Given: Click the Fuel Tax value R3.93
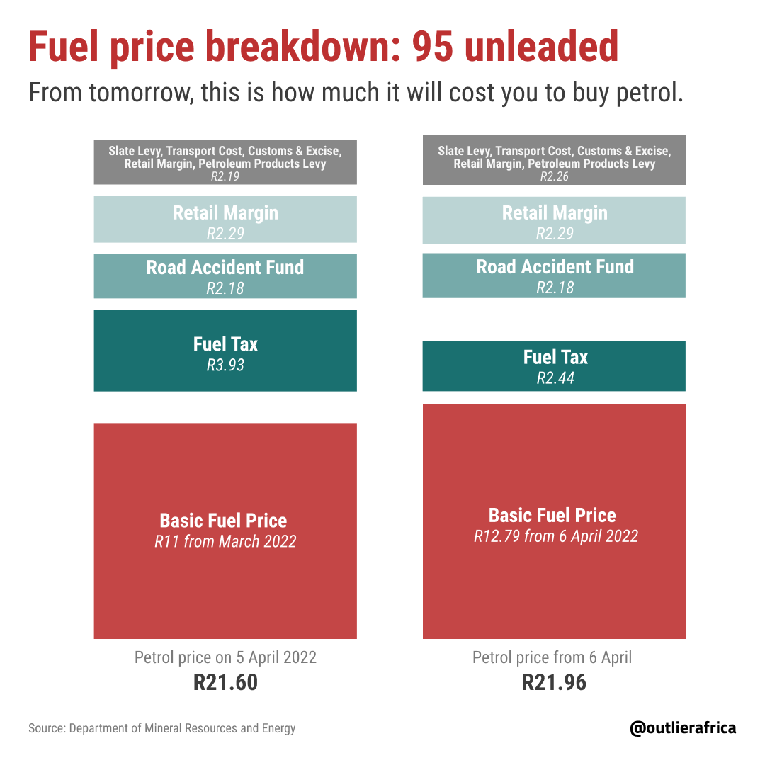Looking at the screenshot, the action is pyautogui.click(x=225, y=365).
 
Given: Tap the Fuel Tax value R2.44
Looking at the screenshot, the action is pyautogui.click(x=555, y=378).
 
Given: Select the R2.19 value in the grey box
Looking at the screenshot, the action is pyautogui.click(x=225, y=176).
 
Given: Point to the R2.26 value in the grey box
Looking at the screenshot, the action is pyautogui.click(x=554, y=176).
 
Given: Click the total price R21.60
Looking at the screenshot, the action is pyautogui.click(x=225, y=682).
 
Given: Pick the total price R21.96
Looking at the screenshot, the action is pyautogui.click(x=554, y=682).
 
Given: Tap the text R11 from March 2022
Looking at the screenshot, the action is pyautogui.click(x=225, y=542).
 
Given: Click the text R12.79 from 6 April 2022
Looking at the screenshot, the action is pyautogui.click(x=556, y=536).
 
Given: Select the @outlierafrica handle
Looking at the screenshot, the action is pyautogui.click(x=683, y=728).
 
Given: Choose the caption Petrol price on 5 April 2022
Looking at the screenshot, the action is pyautogui.click(x=225, y=657).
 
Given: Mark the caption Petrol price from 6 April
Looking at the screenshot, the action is pyautogui.click(x=552, y=657).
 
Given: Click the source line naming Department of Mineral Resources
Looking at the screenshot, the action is pyautogui.click(x=162, y=728).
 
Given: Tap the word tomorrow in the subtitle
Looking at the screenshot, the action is pyautogui.click(x=142, y=93).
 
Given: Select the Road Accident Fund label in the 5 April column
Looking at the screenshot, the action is pyautogui.click(x=225, y=267).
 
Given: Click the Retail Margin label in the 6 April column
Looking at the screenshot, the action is pyautogui.click(x=555, y=213).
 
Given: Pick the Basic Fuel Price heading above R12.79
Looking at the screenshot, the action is pyautogui.click(x=552, y=515).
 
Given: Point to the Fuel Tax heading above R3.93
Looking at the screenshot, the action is pyautogui.click(x=225, y=344).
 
